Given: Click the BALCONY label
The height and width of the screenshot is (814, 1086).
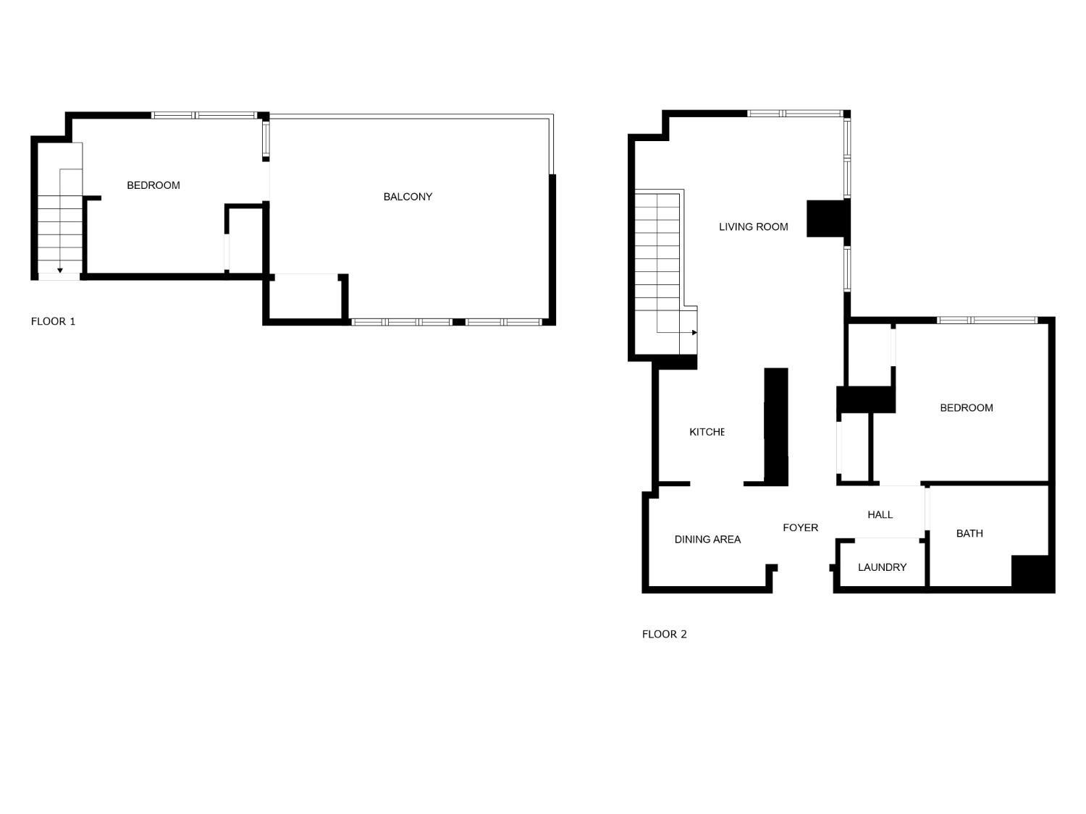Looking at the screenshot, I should point(408,197).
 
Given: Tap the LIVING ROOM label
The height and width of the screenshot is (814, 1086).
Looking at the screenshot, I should point(753,227).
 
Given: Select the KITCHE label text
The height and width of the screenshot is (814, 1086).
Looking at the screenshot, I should point(707,432).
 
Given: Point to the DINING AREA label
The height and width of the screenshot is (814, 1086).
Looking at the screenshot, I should point(707,539).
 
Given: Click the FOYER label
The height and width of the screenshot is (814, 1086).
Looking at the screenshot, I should point(800,527).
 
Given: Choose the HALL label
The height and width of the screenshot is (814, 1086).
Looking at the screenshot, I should point(880,514).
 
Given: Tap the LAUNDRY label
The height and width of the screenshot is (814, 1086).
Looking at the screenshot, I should point(882,567).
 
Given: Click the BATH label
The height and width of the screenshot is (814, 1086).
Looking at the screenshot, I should point(969,533).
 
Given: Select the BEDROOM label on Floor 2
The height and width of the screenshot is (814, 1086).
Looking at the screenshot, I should point(966,408).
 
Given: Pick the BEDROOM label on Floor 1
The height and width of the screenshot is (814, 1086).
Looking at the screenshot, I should point(153,185).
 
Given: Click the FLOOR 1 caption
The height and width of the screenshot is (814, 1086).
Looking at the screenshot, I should point(53,321).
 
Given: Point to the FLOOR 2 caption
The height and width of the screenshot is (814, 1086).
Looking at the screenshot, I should point(664,634).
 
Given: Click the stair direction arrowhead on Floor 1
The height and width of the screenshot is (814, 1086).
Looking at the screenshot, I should point(60,271).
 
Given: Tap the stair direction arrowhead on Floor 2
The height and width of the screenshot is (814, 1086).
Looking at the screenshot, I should point(694,333).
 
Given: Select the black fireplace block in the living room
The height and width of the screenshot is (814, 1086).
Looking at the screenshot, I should point(828,219).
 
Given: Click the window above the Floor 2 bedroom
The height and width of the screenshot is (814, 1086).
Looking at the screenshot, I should point(987,320).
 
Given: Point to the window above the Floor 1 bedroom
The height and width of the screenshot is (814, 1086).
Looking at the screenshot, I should point(203,115).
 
